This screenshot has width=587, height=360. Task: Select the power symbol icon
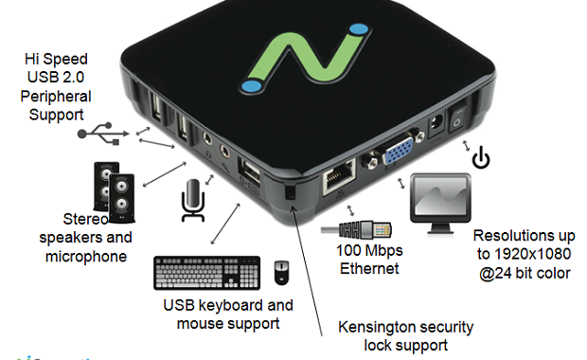pos(481,156)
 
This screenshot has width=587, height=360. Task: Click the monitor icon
pos(440,204)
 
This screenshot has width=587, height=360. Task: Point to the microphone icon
pos(193,201)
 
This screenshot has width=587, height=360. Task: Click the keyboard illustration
pos(207,273)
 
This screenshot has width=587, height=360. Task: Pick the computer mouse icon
pos(281,272)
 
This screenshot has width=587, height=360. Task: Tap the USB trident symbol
pos(103,134)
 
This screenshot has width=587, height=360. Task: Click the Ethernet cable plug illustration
pos(357,229)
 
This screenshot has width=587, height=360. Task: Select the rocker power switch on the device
pos(457,117)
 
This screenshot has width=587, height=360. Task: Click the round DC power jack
pos(436,124)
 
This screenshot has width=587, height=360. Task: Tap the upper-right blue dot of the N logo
pos(360,29)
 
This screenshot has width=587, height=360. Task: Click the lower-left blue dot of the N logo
pos(252,86)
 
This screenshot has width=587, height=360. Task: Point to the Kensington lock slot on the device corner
pos(290,192)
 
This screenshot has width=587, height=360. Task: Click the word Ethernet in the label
pos(369,269)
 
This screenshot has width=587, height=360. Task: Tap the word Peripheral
pos(56,97)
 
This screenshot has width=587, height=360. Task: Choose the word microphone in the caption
pos(86,257)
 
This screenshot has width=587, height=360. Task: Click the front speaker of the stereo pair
pos(122,197)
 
